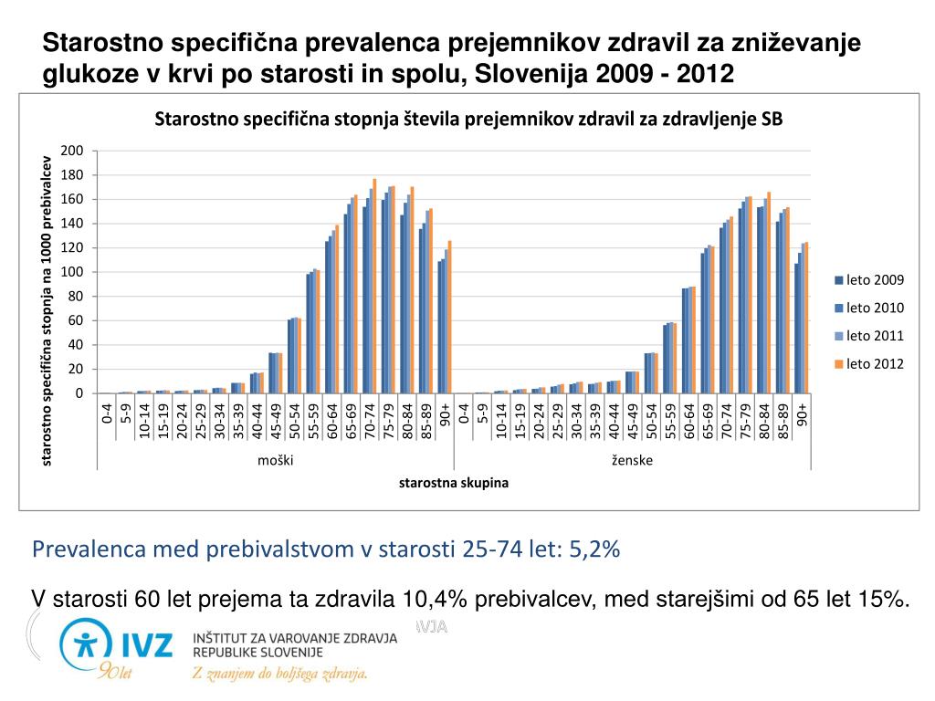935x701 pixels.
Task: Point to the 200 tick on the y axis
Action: pos(73,151)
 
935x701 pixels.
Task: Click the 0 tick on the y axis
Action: pos(79,393)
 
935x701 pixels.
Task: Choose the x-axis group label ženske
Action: pos(632,460)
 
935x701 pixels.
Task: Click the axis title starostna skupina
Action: pos(453,483)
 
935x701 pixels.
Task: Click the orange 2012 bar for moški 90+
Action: pos(449,317)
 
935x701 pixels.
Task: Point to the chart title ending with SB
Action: pos(468,120)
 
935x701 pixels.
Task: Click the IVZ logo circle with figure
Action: pos(86,644)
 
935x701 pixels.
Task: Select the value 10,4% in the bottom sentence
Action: pos(433,599)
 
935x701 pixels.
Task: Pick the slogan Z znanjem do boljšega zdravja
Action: pos(278,675)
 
